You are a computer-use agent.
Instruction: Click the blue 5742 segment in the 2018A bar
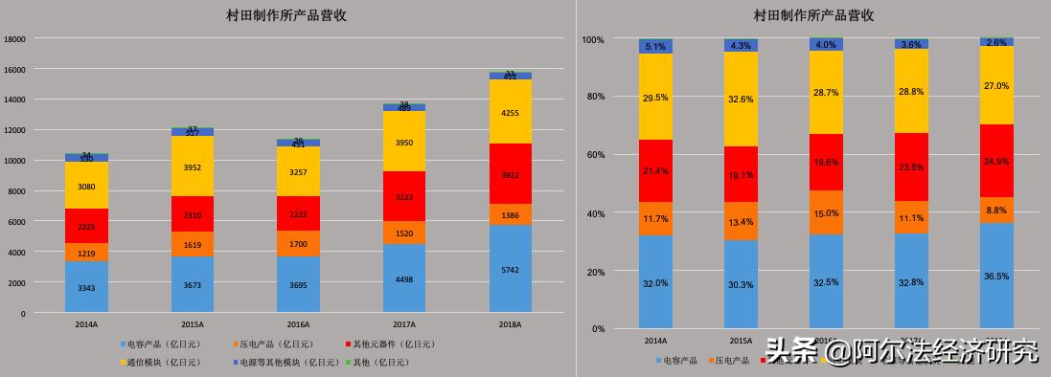coord(511,271)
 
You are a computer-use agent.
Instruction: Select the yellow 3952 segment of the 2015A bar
coord(193,167)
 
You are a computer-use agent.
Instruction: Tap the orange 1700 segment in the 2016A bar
coord(298,244)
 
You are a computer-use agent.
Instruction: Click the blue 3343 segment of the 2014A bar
coord(86,288)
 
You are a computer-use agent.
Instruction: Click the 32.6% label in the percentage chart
coord(741,99)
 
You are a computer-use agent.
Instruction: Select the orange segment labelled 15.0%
coord(826,213)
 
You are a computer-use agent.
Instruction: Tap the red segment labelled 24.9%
coord(996,162)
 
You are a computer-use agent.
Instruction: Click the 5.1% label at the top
coord(655,46)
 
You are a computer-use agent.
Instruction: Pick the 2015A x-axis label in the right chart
coord(741,341)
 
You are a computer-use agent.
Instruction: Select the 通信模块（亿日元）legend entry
coord(162,363)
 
